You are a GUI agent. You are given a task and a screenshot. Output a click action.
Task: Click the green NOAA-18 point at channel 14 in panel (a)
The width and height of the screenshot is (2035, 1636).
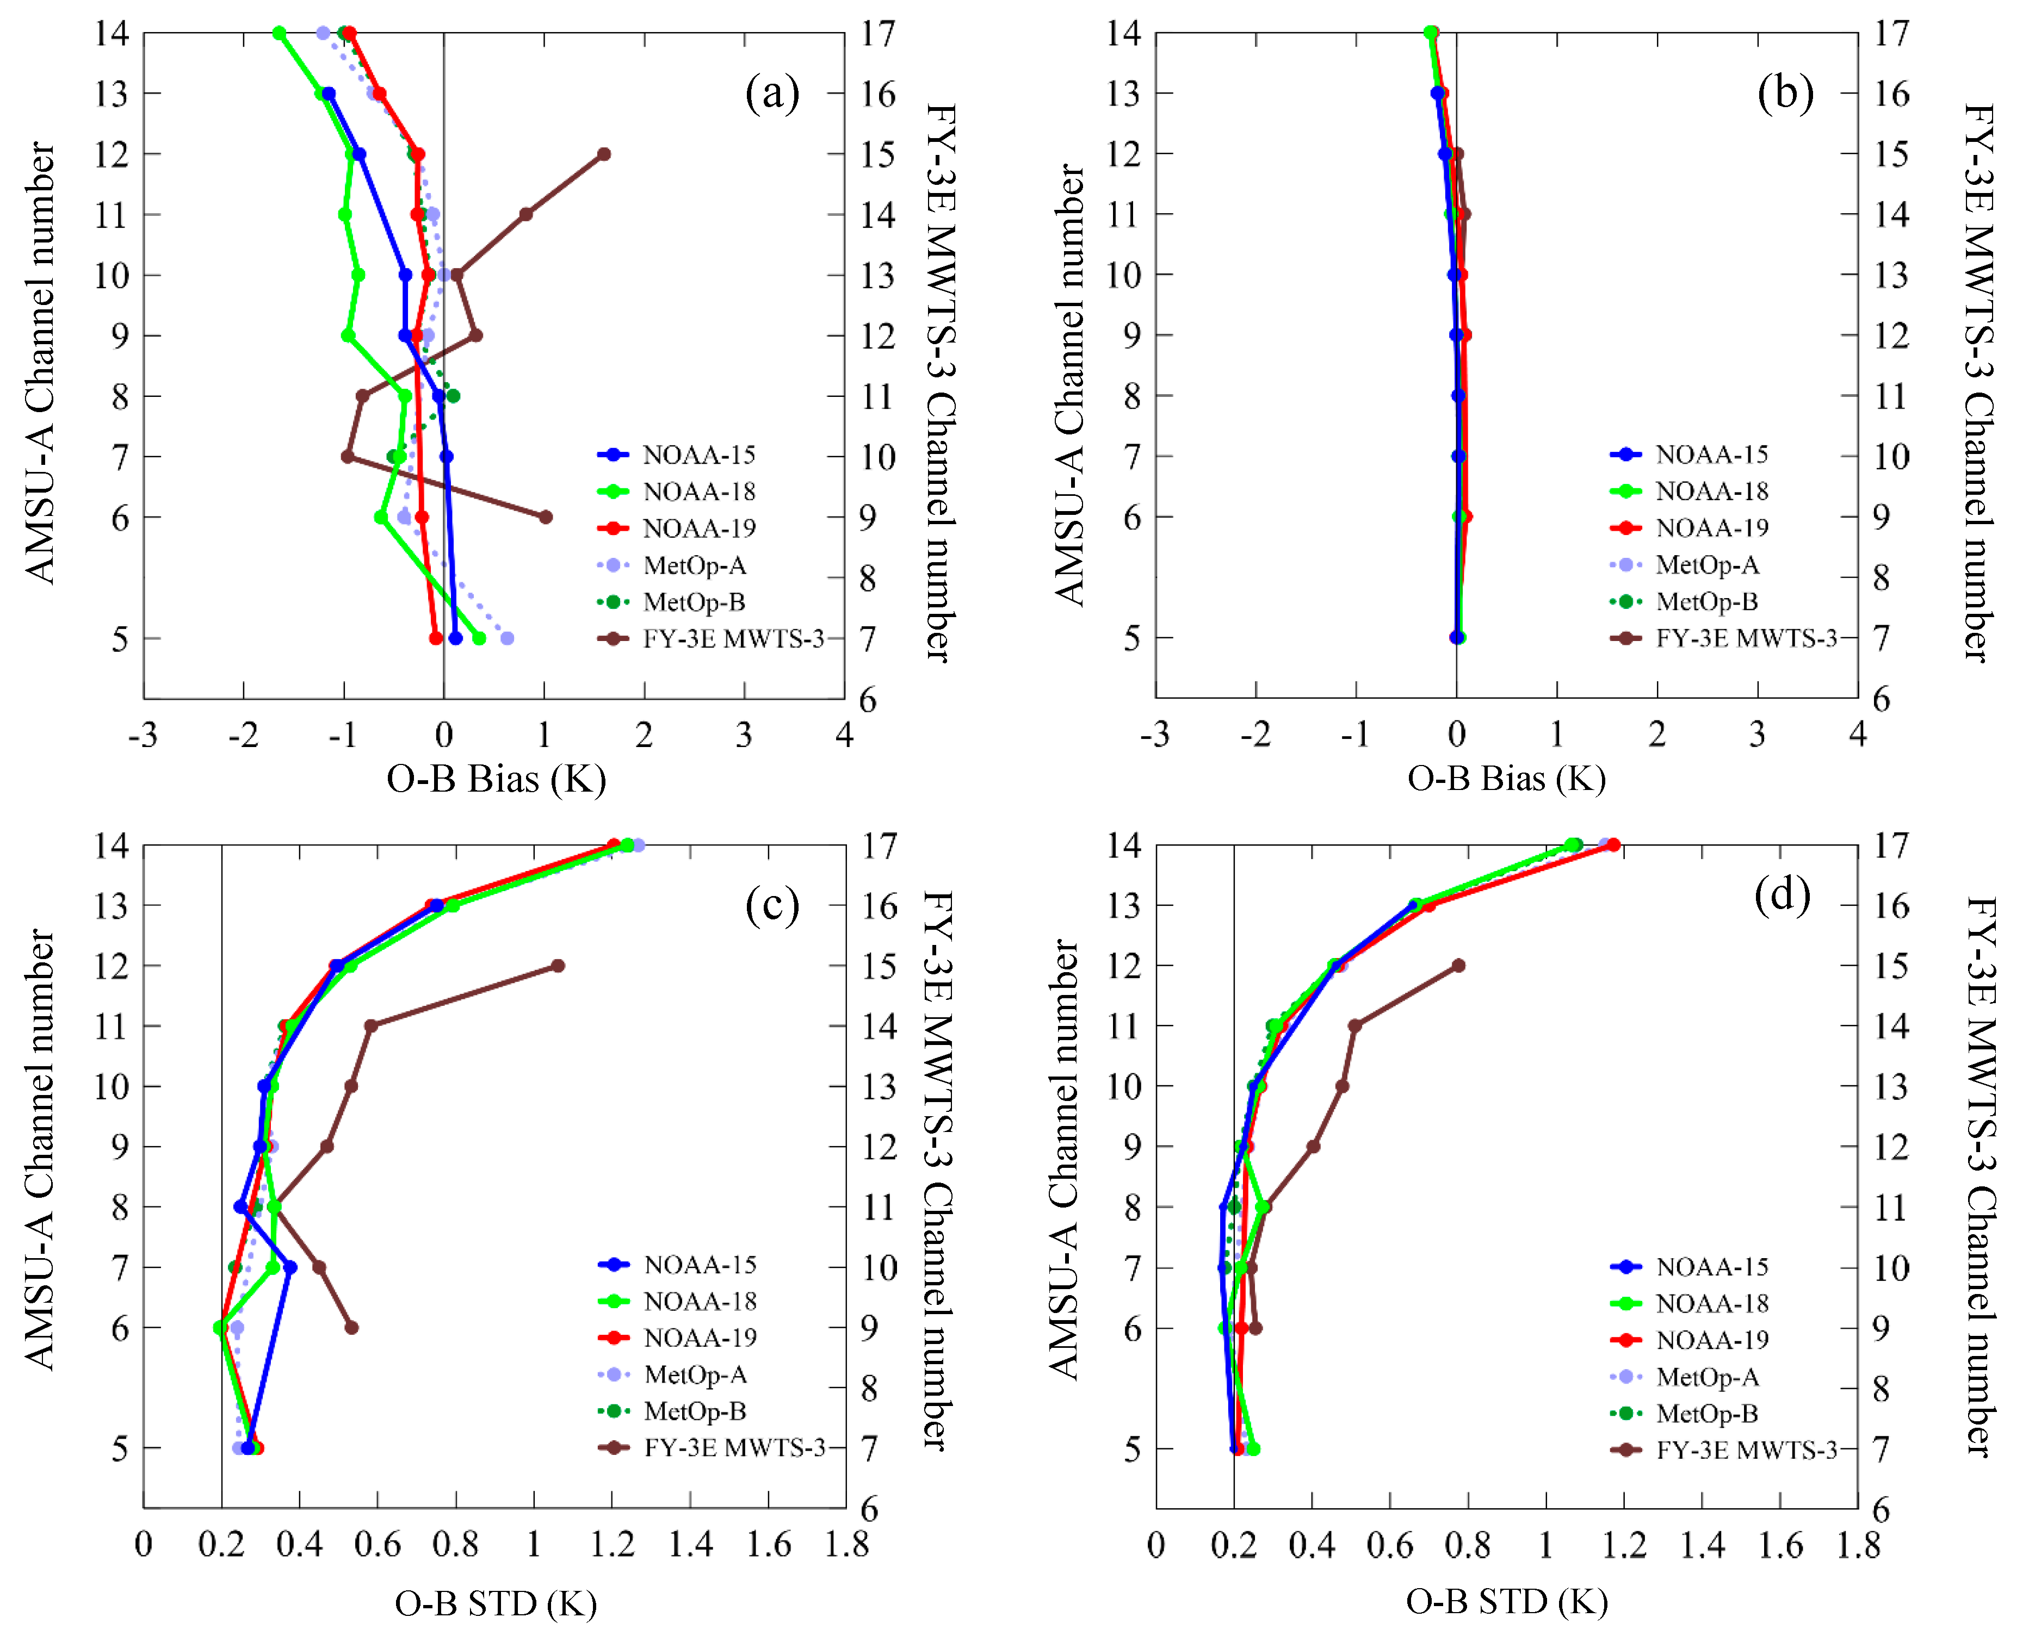coord(280,33)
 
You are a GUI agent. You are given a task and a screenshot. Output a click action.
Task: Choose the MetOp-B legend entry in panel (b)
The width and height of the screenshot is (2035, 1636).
coord(1687,601)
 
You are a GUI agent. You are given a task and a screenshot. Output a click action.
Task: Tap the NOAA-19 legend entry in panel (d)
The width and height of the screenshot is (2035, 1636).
coord(1690,1340)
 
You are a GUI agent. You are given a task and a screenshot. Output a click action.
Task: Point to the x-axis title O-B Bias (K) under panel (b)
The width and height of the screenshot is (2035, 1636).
coord(1506,779)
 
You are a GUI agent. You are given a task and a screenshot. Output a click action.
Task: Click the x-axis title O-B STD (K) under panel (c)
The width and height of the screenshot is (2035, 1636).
coord(496,1603)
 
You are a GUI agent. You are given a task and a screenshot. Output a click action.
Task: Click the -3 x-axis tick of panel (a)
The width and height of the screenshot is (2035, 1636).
coord(144,734)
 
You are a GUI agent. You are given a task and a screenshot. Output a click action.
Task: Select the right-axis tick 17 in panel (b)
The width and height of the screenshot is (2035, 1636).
coord(1891,33)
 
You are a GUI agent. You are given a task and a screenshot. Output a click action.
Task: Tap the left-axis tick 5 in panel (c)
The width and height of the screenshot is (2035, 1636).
coord(120,1448)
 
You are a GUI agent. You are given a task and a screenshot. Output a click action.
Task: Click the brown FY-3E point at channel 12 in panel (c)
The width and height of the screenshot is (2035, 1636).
coord(558,965)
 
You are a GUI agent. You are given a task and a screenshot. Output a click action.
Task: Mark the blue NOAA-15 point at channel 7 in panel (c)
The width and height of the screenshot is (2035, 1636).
coord(290,1267)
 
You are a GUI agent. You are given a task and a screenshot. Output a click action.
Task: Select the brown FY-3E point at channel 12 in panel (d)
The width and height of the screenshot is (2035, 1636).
coord(1458,965)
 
